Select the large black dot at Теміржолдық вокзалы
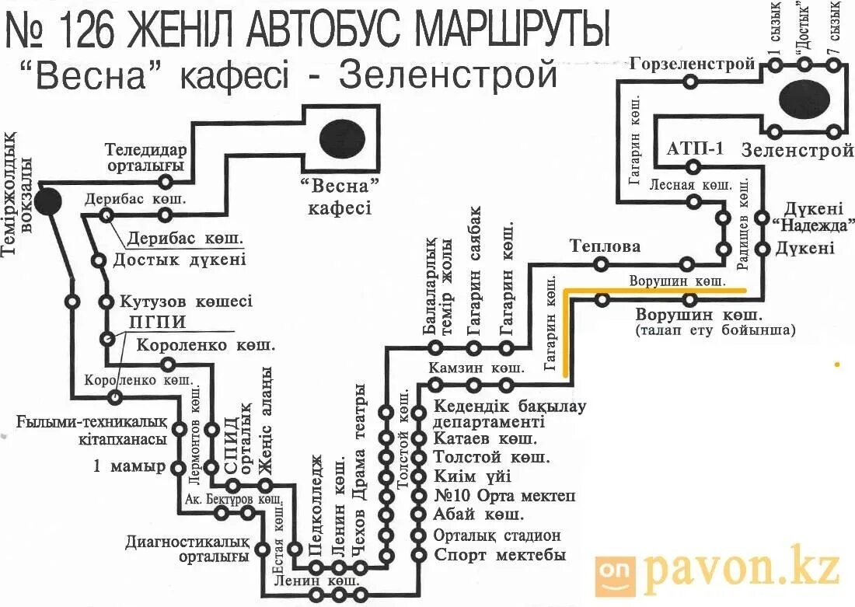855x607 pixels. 47,201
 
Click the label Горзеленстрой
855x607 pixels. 693,64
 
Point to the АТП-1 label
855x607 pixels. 694,149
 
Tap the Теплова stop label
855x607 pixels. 605,247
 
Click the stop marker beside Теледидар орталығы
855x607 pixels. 165,181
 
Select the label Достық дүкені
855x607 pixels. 180,260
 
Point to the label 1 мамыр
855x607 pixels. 129,466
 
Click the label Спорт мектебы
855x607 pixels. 499,555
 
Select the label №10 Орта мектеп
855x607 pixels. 504,496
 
